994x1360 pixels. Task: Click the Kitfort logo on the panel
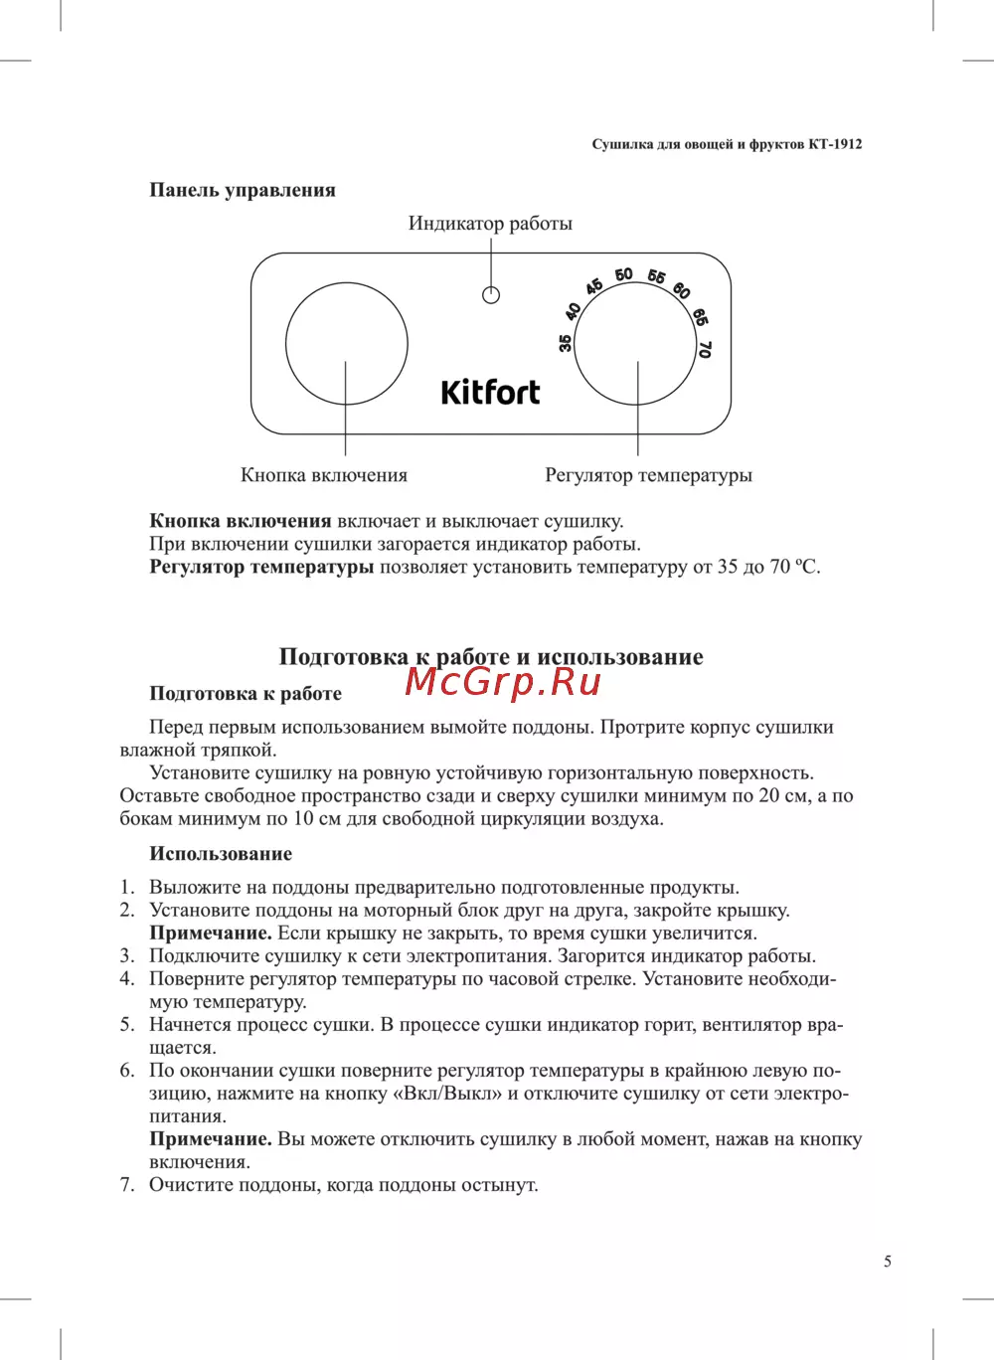coord(490,393)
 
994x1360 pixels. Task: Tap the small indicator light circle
coord(491,295)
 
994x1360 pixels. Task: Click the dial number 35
coord(566,343)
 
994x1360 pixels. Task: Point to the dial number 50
coord(623,274)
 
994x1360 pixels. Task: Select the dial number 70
coord(705,349)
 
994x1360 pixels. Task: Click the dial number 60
coord(682,289)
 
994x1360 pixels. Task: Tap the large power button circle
coord(346,344)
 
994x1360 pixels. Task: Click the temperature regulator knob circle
coord(634,344)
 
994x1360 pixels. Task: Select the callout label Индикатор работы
coord(490,224)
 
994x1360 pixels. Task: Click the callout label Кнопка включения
coord(324,475)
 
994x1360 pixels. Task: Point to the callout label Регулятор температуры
coord(648,475)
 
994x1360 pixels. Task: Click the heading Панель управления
coord(243,190)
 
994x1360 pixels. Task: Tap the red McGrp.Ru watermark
coord(504,682)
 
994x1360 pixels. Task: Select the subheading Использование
coord(221,854)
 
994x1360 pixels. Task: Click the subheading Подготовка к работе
coord(246,694)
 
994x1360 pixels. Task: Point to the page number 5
coord(888,1262)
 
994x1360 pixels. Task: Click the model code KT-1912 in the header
coord(835,144)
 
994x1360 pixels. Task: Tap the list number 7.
coord(126,1185)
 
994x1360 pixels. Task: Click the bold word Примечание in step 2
coord(210,934)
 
